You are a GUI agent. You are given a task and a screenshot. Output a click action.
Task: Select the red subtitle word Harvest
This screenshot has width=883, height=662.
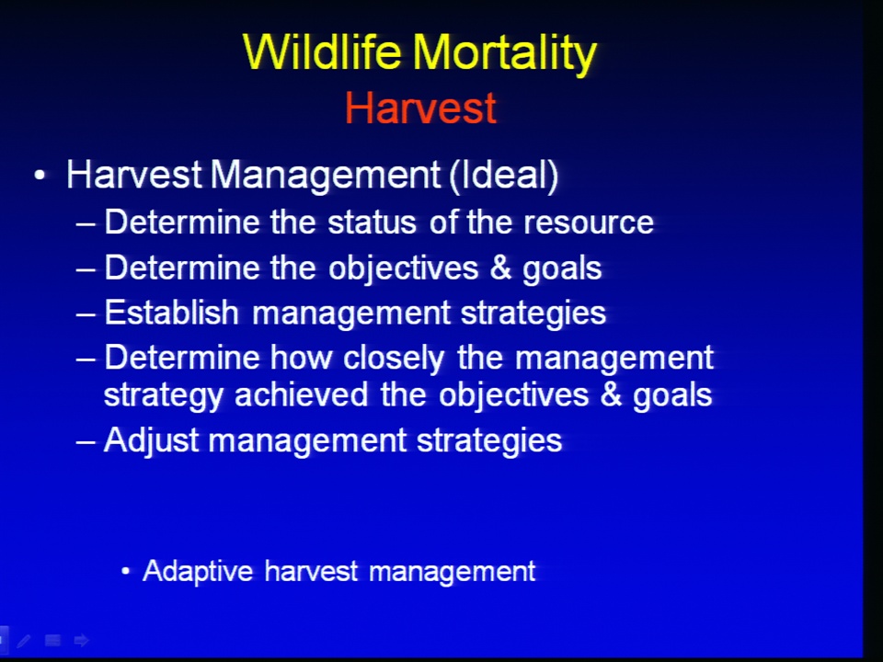(420, 108)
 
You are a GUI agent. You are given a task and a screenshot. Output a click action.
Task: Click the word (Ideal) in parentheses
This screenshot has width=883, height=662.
(503, 175)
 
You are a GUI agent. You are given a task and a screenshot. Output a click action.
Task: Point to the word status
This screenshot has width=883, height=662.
(372, 223)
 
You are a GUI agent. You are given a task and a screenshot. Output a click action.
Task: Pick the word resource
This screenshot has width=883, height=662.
(589, 223)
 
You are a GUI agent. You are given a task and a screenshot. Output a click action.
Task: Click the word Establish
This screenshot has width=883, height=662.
(172, 313)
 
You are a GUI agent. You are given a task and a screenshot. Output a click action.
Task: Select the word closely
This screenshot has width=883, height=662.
(394, 359)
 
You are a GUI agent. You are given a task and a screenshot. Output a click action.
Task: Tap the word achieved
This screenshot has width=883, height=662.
(302, 394)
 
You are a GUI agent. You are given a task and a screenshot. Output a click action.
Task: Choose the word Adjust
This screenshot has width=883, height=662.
(152, 440)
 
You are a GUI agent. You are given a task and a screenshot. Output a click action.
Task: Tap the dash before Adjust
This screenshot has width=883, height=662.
(86, 441)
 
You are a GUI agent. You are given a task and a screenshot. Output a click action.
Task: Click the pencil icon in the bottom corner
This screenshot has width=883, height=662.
(24, 641)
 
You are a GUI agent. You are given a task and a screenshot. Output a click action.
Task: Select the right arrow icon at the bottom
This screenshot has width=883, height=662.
(82, 640)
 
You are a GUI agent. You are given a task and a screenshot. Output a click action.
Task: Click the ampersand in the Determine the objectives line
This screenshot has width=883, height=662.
(500, 268)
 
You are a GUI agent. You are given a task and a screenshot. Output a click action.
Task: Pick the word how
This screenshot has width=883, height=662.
(301, 358)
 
